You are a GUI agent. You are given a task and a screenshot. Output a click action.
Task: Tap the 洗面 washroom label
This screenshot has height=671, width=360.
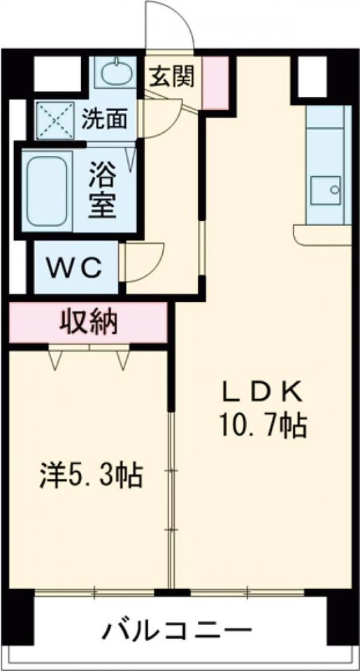point(105,120)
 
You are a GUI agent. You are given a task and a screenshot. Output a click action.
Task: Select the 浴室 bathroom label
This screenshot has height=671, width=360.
point(102,187)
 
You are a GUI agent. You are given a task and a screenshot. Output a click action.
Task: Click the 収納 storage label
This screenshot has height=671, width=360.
point(87,322)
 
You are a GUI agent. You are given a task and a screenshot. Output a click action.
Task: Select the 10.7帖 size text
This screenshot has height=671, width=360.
point(263,424)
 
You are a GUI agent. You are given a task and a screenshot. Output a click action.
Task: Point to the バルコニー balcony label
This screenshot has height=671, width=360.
point(178,632)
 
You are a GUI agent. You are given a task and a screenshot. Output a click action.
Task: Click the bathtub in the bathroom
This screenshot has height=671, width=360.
point(48,192)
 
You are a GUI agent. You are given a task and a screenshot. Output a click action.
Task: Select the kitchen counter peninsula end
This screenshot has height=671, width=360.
point(322,235)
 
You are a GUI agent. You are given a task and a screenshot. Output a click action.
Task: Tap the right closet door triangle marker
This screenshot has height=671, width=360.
point(123,359)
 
